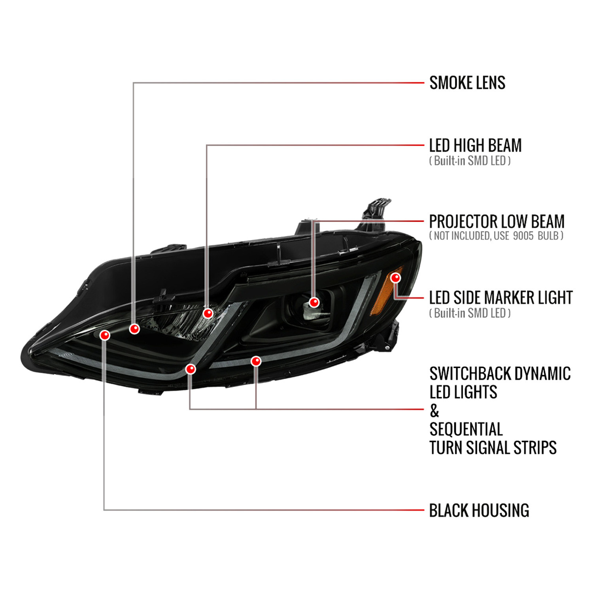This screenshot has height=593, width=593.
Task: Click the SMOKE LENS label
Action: click(x=467, y=83)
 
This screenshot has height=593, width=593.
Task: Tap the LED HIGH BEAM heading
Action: click(x=475, y=145)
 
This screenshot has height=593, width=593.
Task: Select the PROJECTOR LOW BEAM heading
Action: click(x=497, y=221)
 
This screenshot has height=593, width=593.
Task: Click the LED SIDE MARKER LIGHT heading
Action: click(x=500, y=297)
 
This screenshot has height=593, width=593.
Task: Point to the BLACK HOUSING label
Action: click(x=479, y=510)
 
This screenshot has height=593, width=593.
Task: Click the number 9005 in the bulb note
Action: click(x=523, y=236)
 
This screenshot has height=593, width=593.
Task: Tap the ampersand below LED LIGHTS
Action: click(x=434, y=411)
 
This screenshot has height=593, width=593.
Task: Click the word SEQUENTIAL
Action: click(x=466, y=429)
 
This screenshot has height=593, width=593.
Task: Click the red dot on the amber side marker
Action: click(x=395, y=278)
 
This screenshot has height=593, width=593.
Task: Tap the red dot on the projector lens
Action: click(x=314, y=302)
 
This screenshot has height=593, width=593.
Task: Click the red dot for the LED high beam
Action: click(x=208, y=313)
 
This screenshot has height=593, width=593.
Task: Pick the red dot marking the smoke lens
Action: click(x=134, y=329)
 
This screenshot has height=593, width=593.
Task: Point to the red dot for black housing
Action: click(x=105, y=335)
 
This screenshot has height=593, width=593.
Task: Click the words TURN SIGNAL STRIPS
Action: click(x=493, y=448)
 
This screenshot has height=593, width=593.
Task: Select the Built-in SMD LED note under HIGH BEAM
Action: click(x=470, y=161)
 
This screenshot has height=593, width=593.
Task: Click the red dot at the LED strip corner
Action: click(x=191, y=369)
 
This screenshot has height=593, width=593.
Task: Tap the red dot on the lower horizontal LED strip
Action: click(x=256, y=361)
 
